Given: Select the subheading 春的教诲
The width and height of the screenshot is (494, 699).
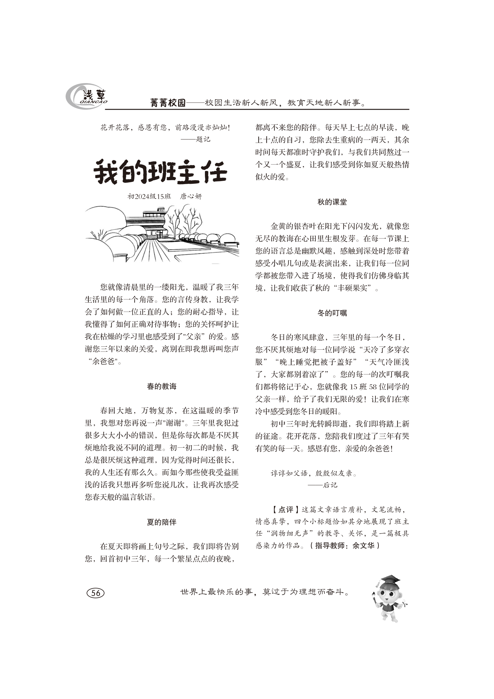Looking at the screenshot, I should [162, 387].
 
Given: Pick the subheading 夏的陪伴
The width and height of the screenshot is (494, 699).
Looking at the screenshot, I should [162, 522].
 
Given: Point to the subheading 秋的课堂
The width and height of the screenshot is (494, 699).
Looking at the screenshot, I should [332, 202].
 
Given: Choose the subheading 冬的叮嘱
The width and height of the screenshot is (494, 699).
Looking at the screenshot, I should [332, 313].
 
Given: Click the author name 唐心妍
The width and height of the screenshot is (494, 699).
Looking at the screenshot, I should [191, 196].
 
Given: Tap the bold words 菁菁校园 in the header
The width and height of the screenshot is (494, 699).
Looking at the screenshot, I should [168, 103].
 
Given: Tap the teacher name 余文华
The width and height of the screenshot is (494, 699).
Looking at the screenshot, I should [363, 546].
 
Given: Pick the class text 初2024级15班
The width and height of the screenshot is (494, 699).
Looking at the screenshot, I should [149, 196].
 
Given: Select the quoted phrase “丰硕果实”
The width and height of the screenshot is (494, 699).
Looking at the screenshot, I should [355, 288].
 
